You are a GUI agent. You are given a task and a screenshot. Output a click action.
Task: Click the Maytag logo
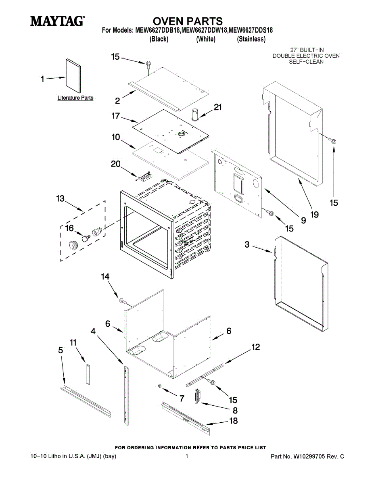57,21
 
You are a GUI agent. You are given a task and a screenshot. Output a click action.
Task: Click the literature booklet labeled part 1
73,76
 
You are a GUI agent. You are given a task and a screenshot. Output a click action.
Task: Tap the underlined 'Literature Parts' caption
75,98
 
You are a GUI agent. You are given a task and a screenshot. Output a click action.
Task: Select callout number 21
218,107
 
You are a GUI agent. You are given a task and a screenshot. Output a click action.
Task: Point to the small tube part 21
195,114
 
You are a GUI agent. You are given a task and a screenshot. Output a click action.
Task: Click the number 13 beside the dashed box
60,198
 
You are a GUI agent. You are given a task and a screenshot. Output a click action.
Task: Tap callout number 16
69,228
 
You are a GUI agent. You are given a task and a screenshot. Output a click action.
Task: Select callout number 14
105,276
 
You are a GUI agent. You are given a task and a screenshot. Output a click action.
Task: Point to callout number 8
234,411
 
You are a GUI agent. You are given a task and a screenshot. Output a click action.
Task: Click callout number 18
233,421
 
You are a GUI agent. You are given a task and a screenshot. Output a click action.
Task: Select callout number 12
255,346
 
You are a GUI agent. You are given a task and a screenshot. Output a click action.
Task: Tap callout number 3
247,244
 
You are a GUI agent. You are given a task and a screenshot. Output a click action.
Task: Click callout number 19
314,215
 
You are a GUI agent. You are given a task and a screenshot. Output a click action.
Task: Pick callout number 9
303,220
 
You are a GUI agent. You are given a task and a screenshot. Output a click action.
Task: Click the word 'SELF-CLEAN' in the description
306,62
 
